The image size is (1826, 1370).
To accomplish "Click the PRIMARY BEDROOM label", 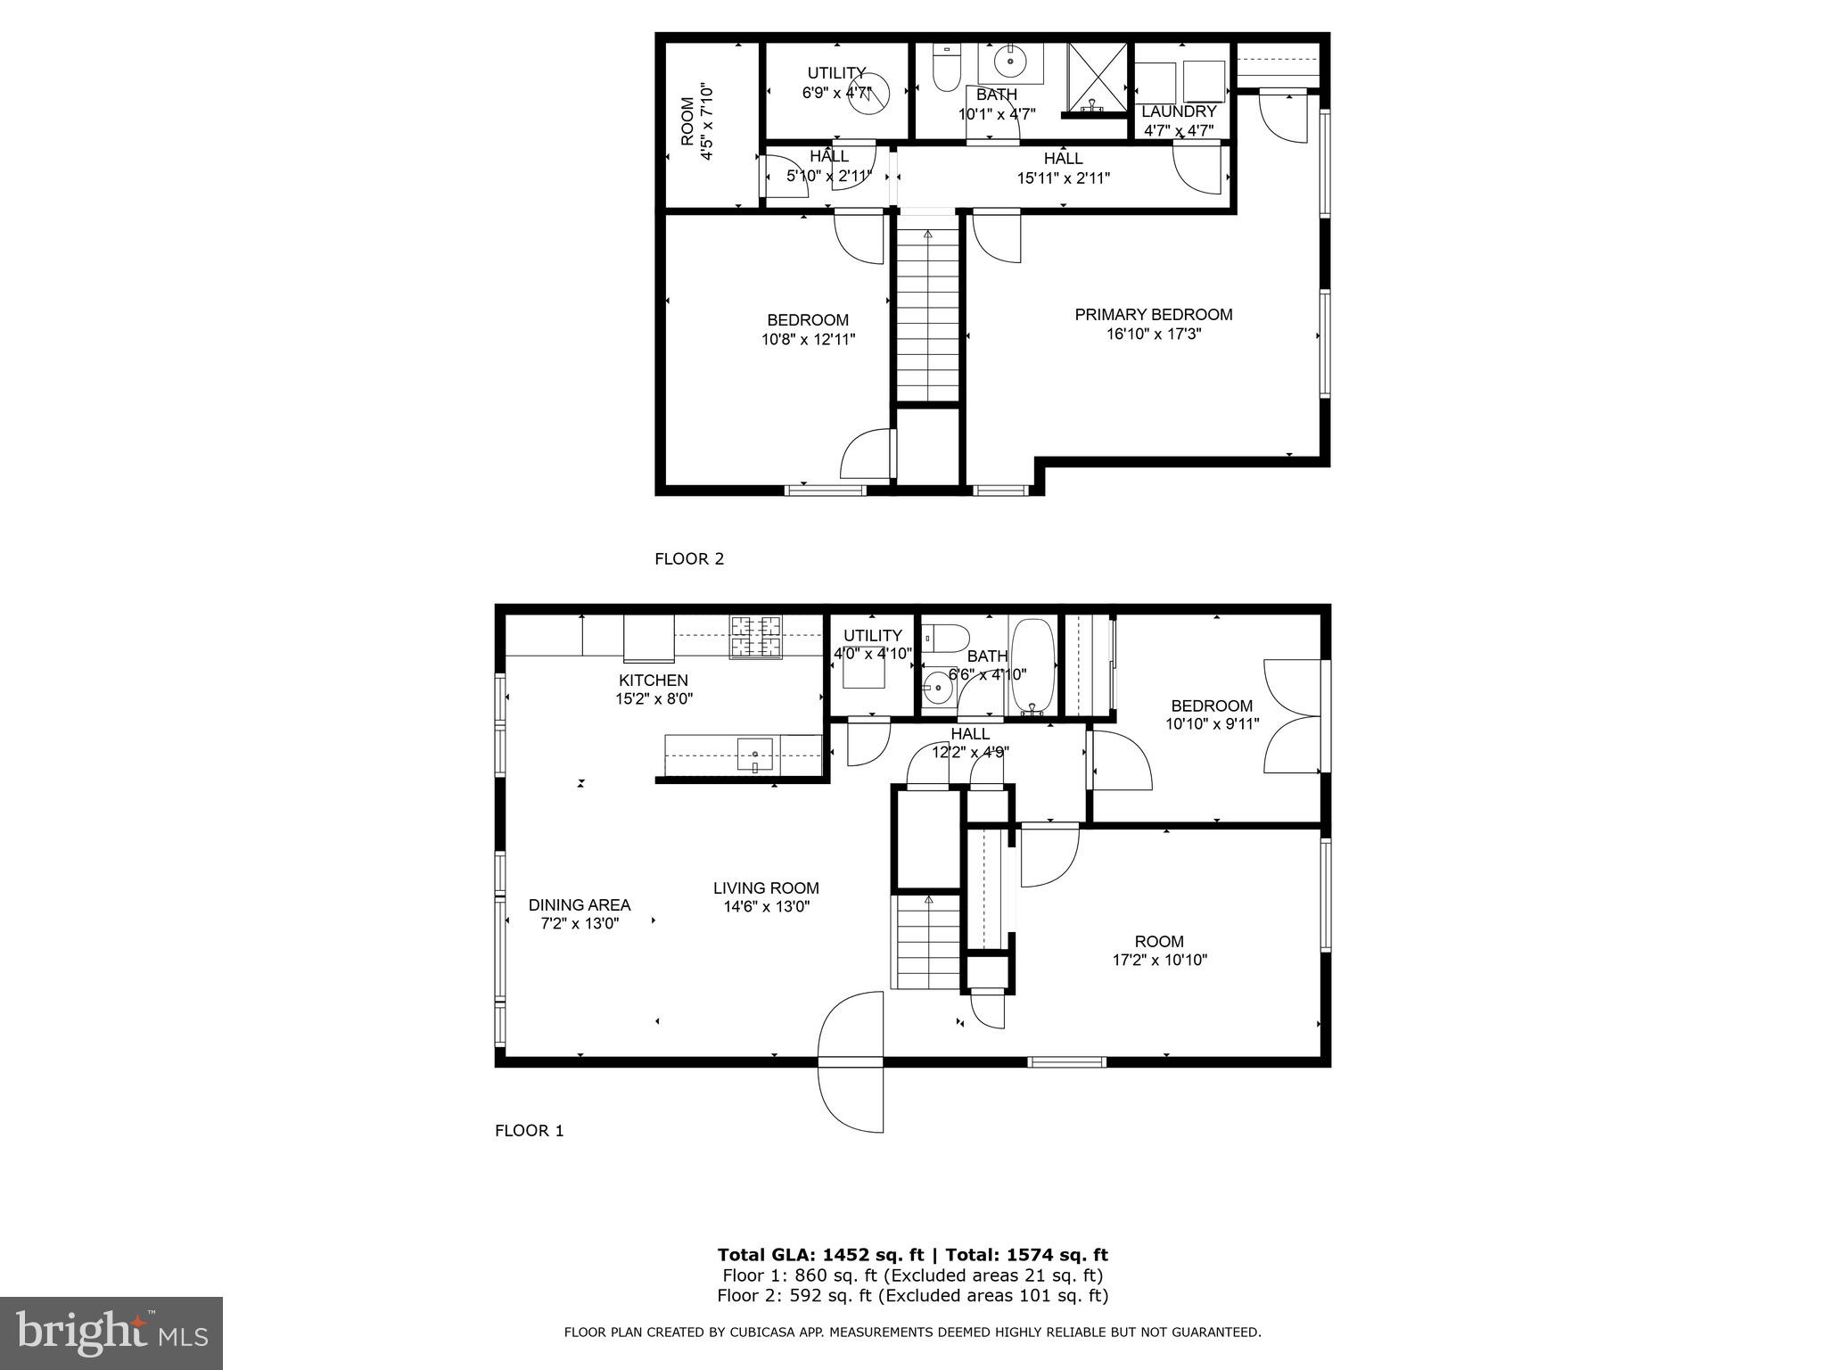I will click(x=1153, y=315).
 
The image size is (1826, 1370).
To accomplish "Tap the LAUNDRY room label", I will click(x=1179, y=112).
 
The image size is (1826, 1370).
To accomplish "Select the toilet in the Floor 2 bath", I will click(x=944, y=69).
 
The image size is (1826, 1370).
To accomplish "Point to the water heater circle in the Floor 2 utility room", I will click(x=868, y=93).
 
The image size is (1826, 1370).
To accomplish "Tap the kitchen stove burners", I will click(x=755, y=637).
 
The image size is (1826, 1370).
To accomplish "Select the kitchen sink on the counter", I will click(x=754, y=755).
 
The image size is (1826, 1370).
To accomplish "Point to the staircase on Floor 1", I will click(x=927, y=942).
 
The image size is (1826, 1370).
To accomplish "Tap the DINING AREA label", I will click(x=580, y=904).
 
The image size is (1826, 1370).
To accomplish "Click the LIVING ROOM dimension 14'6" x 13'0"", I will click(x=766, y=907).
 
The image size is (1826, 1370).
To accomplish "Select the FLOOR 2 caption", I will click(x=689, y=559).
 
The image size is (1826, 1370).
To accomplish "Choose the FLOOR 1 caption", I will click(x=530, y=1131).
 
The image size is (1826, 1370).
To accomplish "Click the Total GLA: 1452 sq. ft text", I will click(x=820, y=1255).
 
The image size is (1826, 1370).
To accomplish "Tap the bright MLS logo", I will click(x=111, y=1333).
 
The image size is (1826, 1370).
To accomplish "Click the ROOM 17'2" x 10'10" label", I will click(x=1159, y=951).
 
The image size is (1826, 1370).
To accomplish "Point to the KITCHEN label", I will click(x=654, y=681).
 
